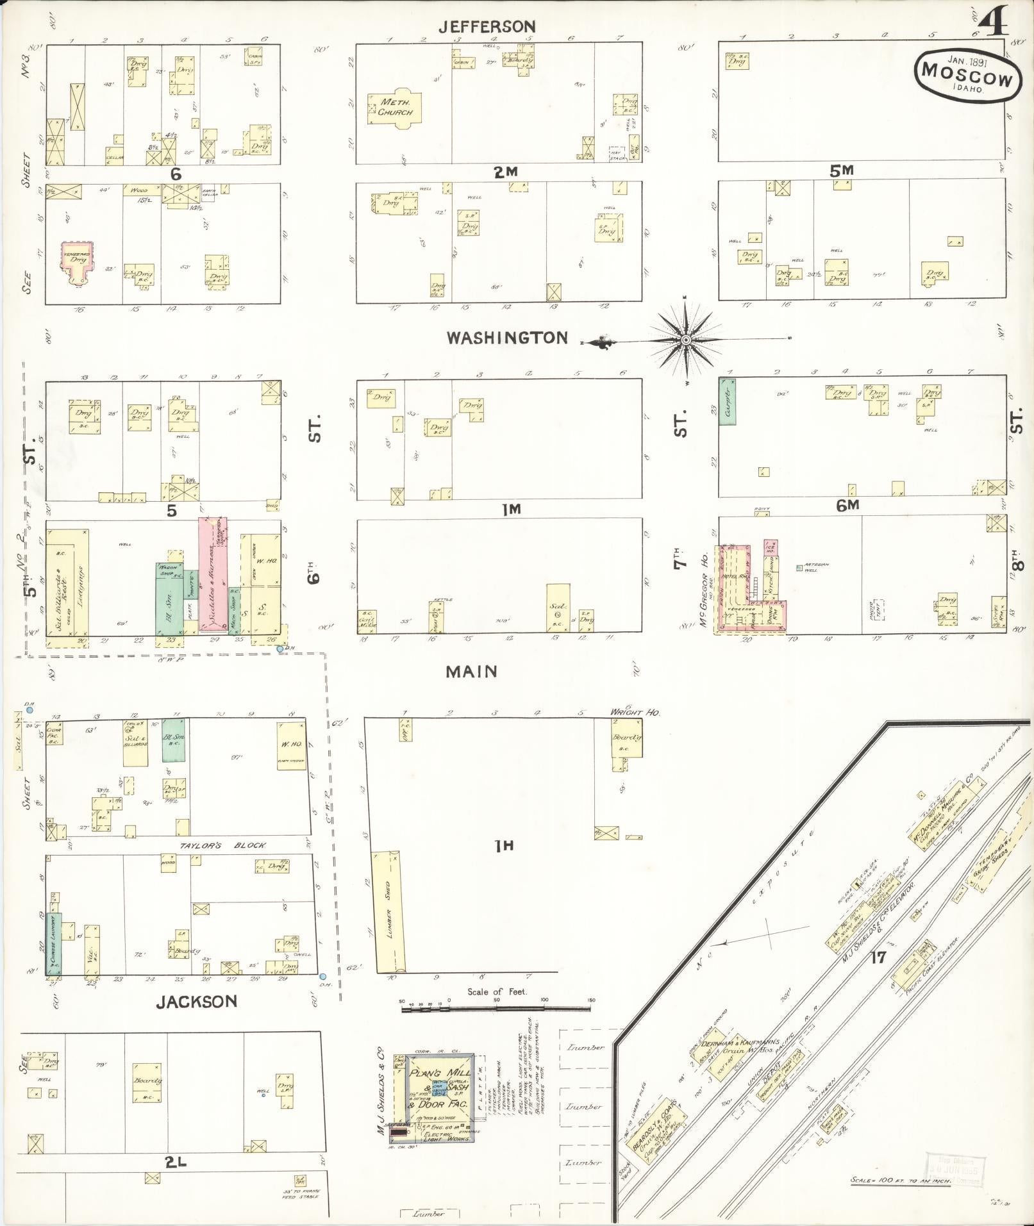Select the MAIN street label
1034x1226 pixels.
472,671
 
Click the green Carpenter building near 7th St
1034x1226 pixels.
727,402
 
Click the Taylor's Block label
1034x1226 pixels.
222,845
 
